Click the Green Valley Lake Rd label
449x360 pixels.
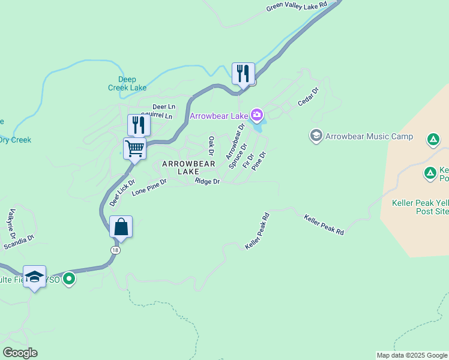click(x=297, y=7)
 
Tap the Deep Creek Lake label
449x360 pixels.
click(x=127, y=83)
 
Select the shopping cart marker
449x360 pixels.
click(x=135, y=148)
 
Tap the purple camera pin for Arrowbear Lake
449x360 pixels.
click(x=256, y=115)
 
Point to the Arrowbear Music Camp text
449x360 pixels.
click(x=369, y=136)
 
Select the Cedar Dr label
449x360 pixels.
click(x=309, y=97)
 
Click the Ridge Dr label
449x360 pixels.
click(x=208, y=181)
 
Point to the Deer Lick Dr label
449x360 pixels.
click(x=122, y=193)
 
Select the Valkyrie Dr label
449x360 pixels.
click(x=14, y=223)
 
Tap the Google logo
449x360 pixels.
click(x=20, y=353)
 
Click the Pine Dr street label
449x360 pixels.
click(x=259, y=161)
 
